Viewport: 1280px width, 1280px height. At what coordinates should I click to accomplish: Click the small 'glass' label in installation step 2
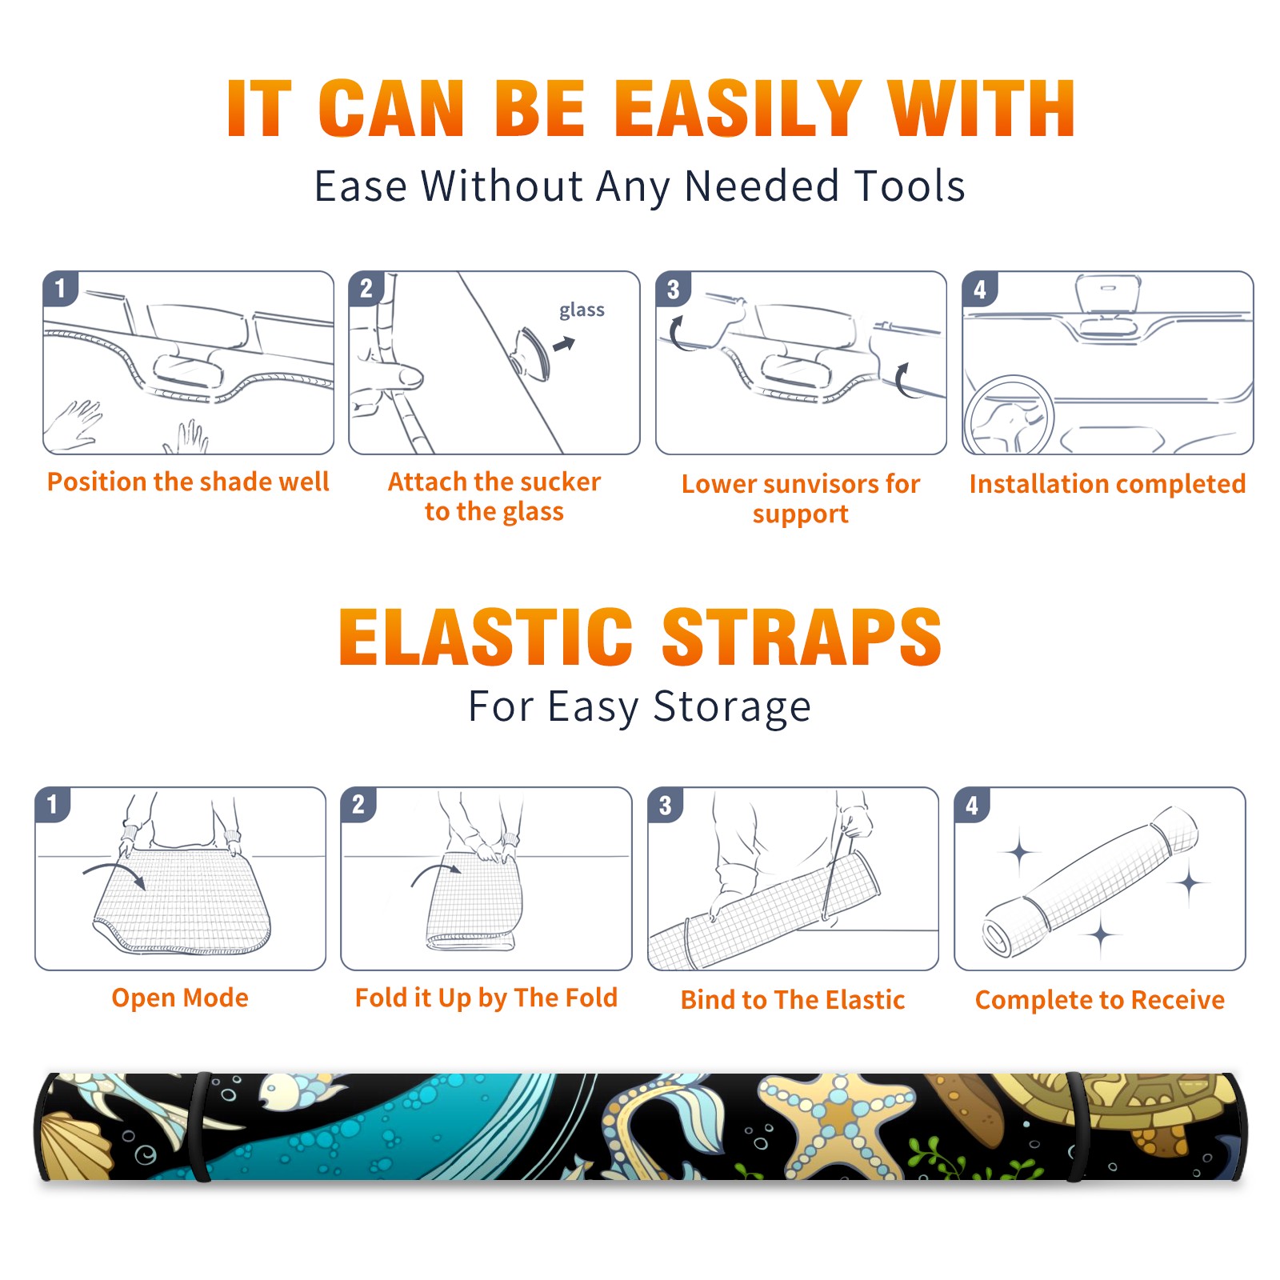582,310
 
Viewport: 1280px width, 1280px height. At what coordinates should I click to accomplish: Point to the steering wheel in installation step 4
1008,416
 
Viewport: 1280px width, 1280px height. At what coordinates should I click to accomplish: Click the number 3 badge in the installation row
674,289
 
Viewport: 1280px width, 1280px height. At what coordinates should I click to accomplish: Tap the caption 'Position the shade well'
188,482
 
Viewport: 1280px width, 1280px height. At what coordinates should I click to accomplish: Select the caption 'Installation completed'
1107,484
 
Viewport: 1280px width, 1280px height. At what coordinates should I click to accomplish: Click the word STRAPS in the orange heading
802,637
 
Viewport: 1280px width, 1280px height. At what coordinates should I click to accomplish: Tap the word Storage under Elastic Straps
732,707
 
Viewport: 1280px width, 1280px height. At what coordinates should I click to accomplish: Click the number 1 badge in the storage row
53,804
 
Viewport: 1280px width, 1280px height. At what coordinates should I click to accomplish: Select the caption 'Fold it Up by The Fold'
486,998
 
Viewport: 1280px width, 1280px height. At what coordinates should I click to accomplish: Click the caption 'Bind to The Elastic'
793,1000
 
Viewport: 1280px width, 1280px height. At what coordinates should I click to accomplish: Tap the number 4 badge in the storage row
972,804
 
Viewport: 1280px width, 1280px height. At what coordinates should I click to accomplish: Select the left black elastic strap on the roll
200,1126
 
